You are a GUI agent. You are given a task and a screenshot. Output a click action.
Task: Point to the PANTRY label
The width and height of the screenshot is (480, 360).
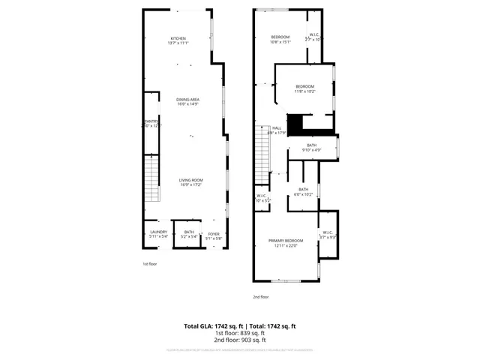(151, 123)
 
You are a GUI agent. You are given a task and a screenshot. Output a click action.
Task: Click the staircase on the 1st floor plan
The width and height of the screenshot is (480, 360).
(151, 180)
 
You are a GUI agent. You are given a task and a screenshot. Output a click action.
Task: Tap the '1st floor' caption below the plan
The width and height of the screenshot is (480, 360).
(150, 264)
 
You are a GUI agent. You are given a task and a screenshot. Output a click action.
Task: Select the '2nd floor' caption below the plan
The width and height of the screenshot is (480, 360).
(260, 297)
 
